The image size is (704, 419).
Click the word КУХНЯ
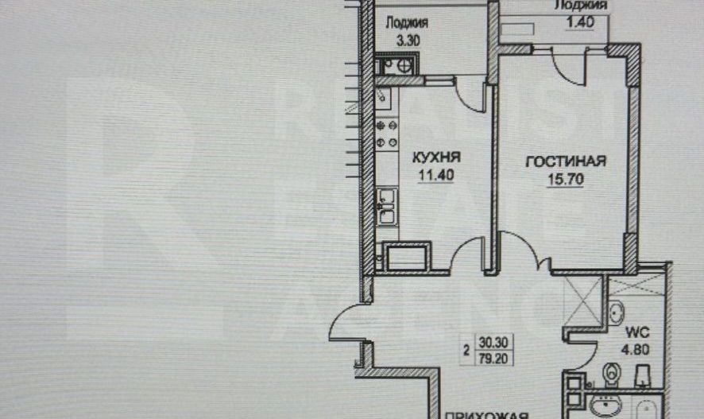click(435, 157)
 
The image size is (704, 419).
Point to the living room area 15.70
click(566, 179)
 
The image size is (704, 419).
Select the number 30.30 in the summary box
click(495, 343)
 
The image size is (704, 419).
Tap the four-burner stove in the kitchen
click(387, 134)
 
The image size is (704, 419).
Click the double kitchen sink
click(387, 205)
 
